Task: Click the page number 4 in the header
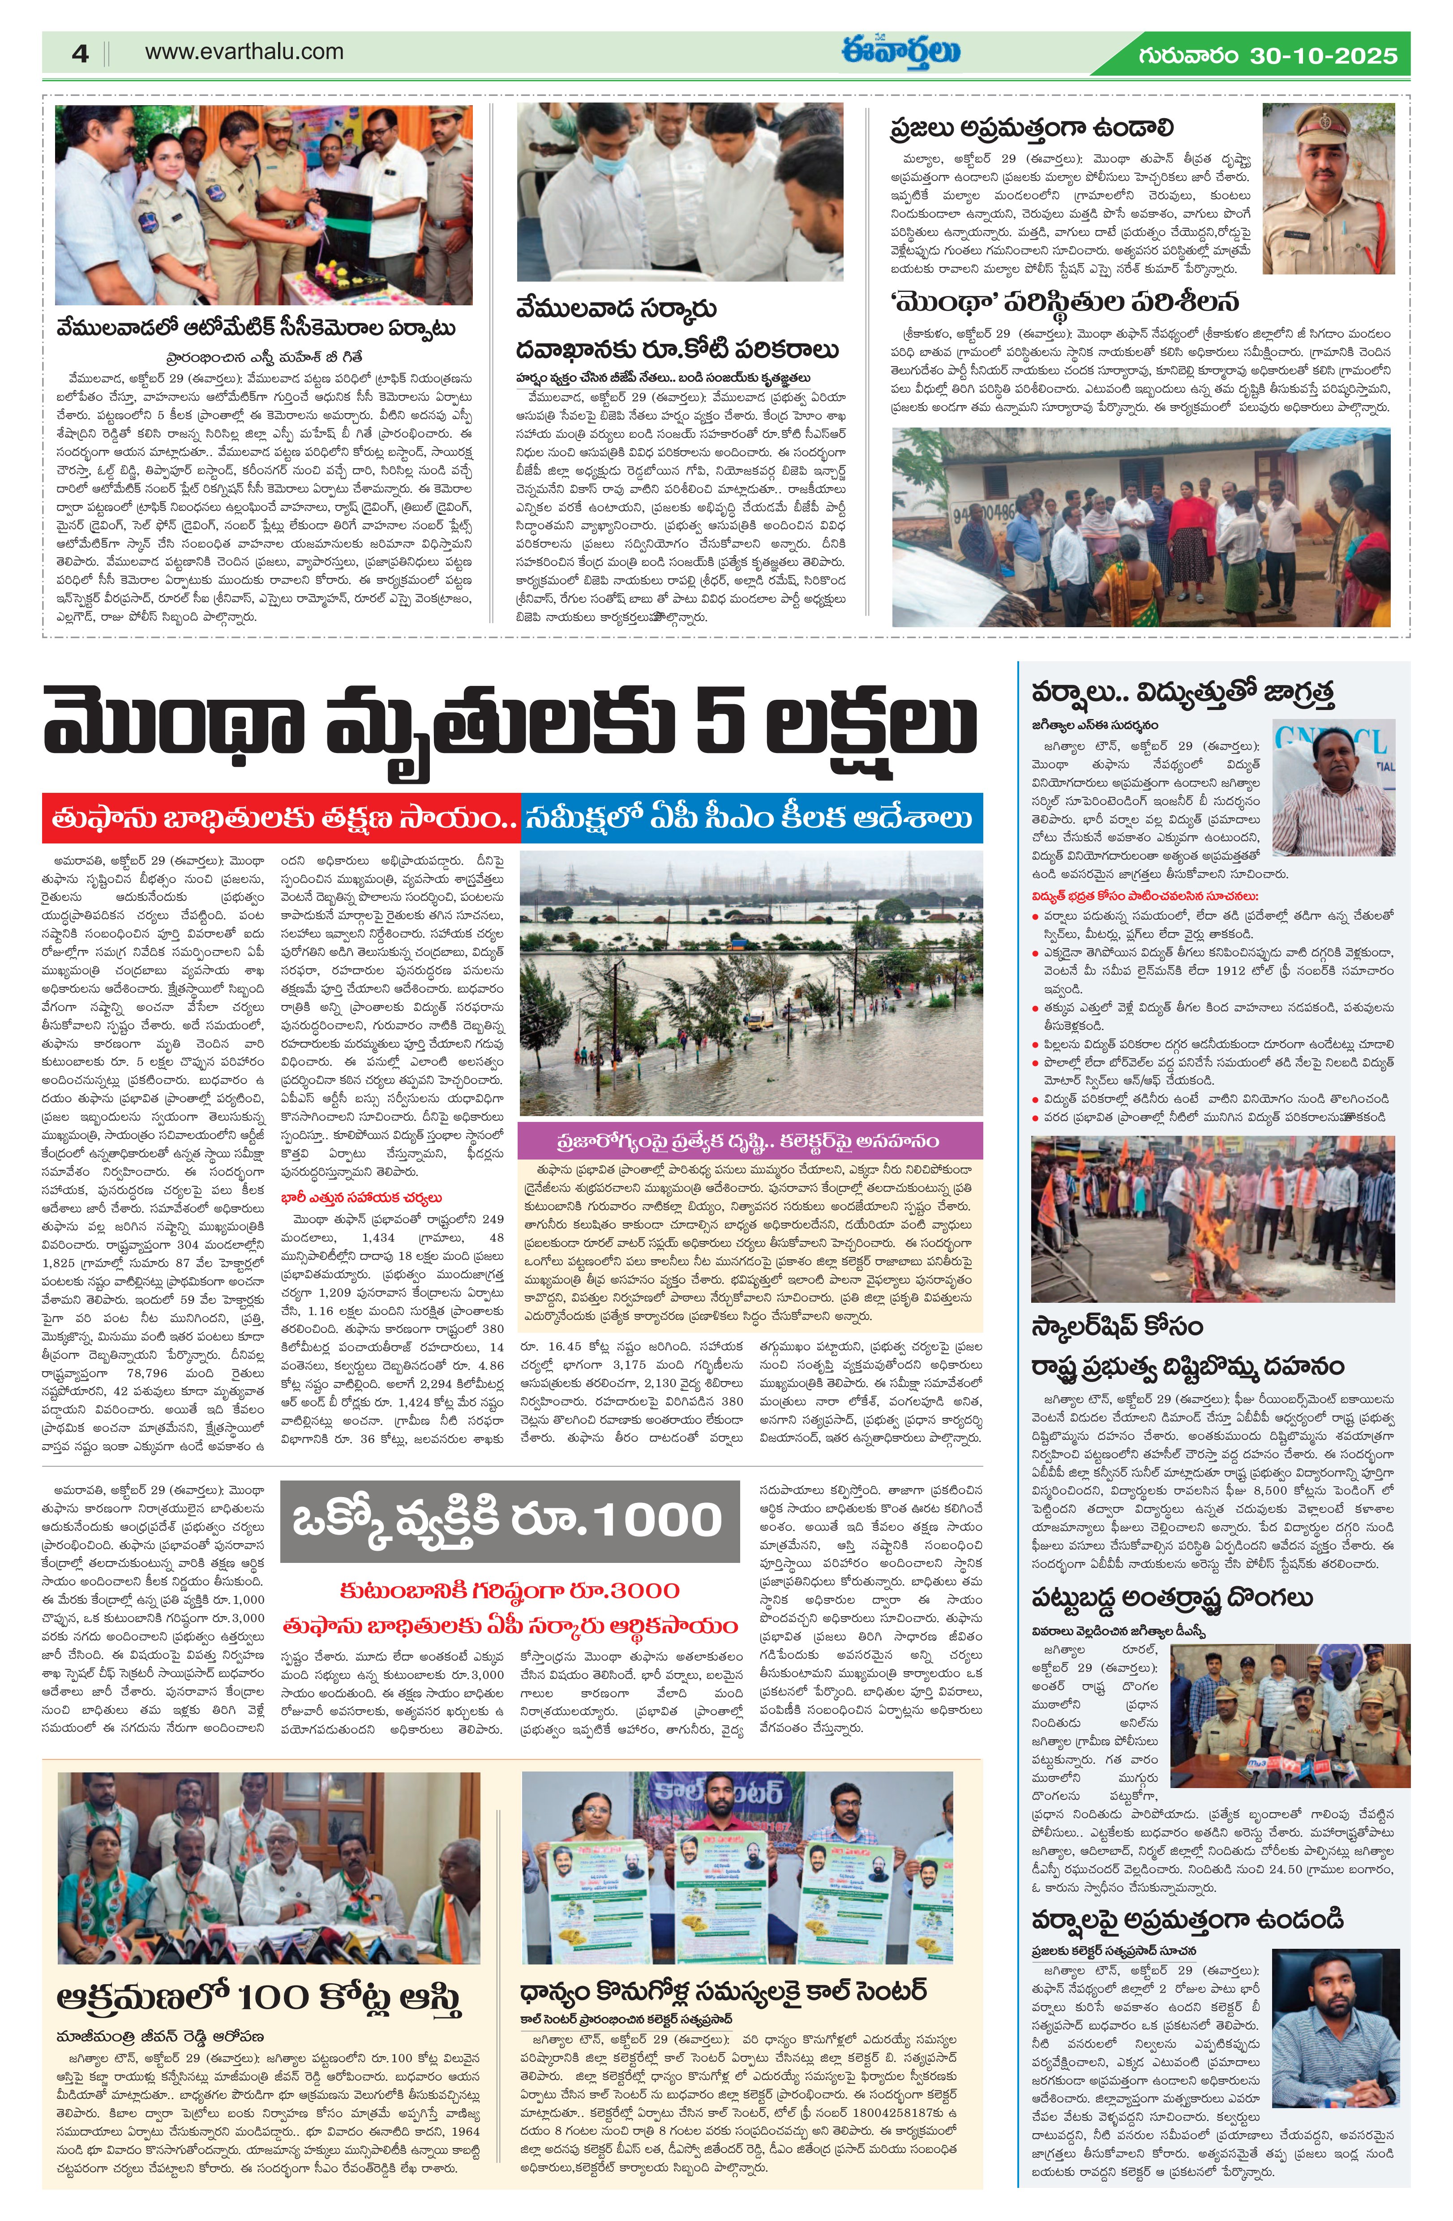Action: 80,53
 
